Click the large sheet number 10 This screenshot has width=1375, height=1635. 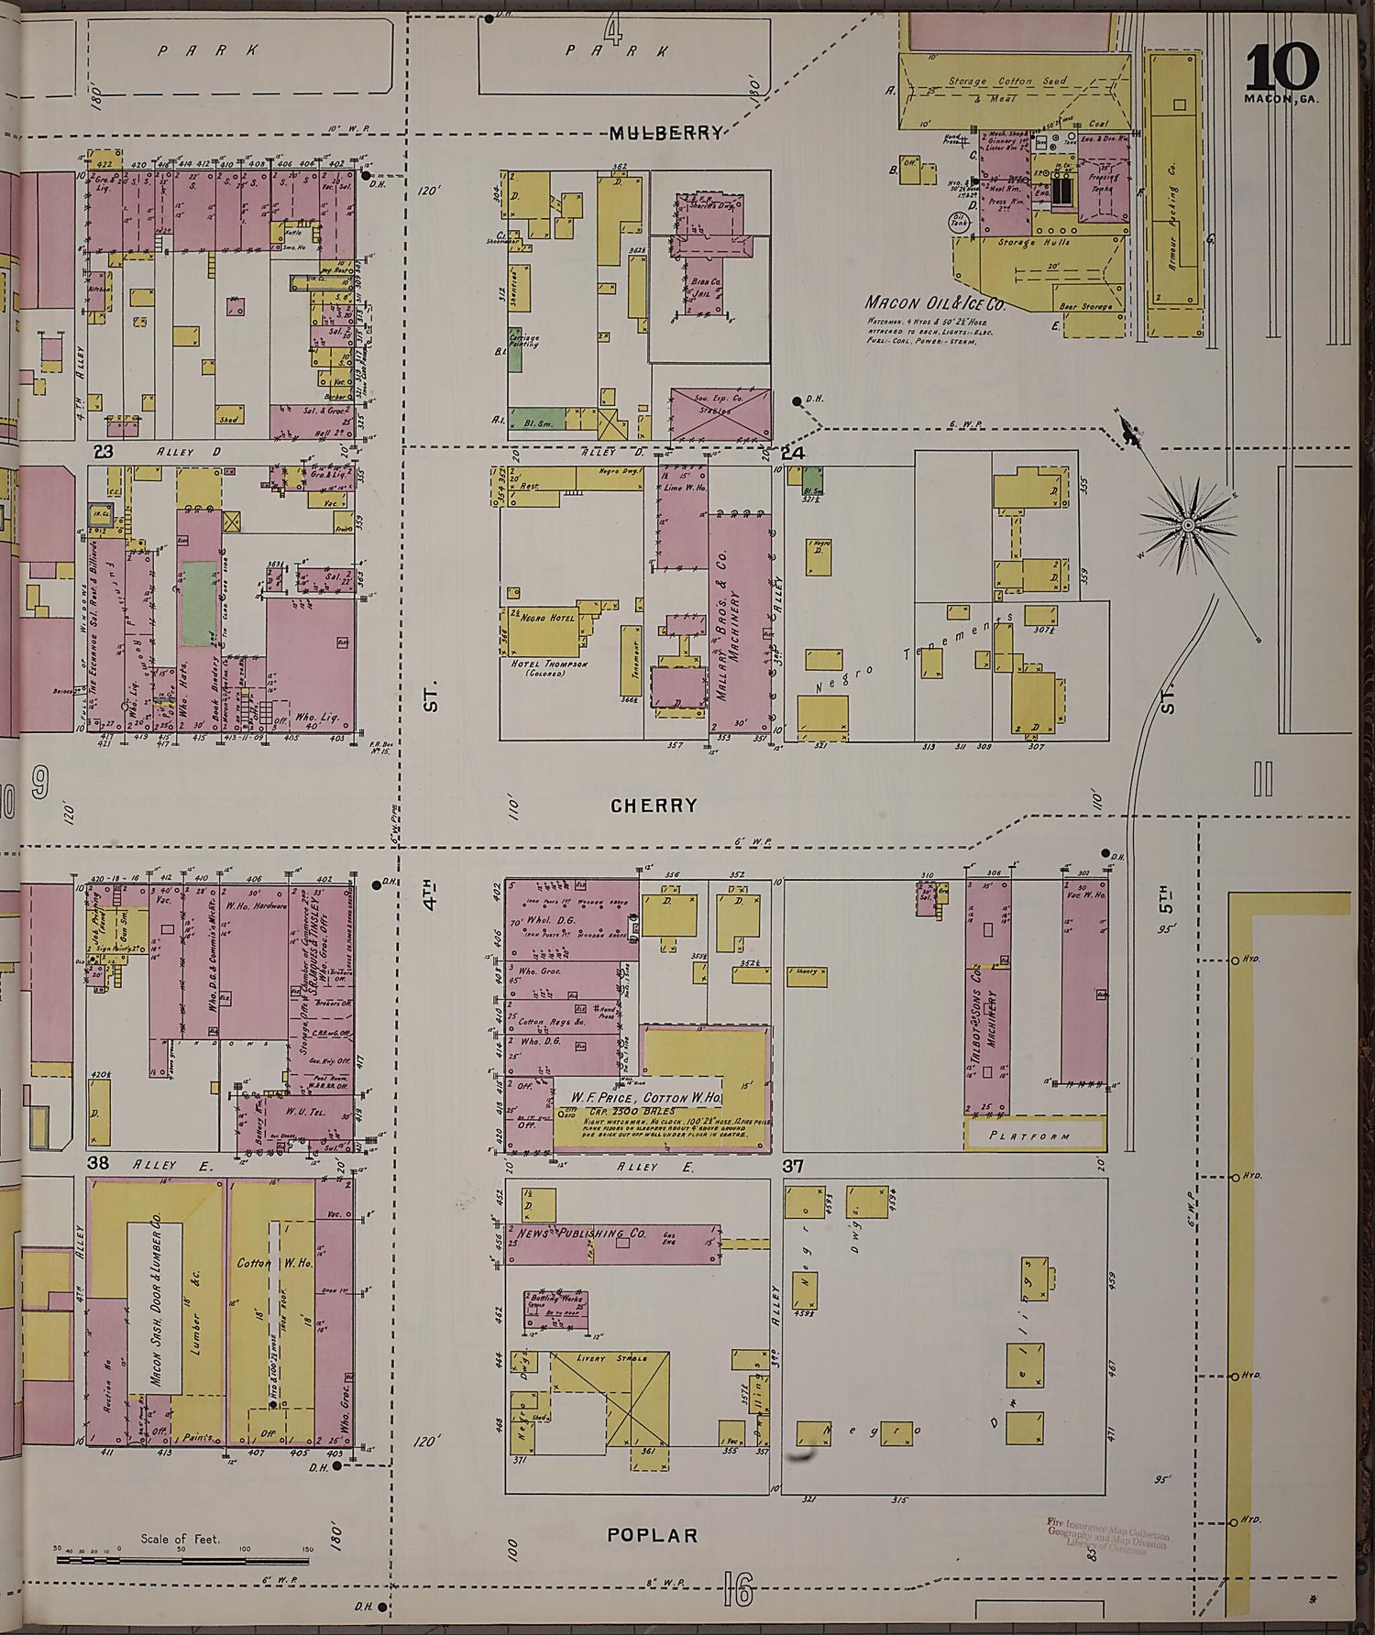1282,67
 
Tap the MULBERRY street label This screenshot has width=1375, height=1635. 665,134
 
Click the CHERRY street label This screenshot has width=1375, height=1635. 654,805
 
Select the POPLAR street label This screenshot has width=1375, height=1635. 653,1536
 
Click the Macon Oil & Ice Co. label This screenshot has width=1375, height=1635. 935,303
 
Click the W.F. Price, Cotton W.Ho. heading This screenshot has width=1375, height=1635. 647,1097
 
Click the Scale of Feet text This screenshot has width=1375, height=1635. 181,1539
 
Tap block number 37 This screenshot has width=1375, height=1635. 794,1166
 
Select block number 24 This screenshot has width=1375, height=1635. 793,453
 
